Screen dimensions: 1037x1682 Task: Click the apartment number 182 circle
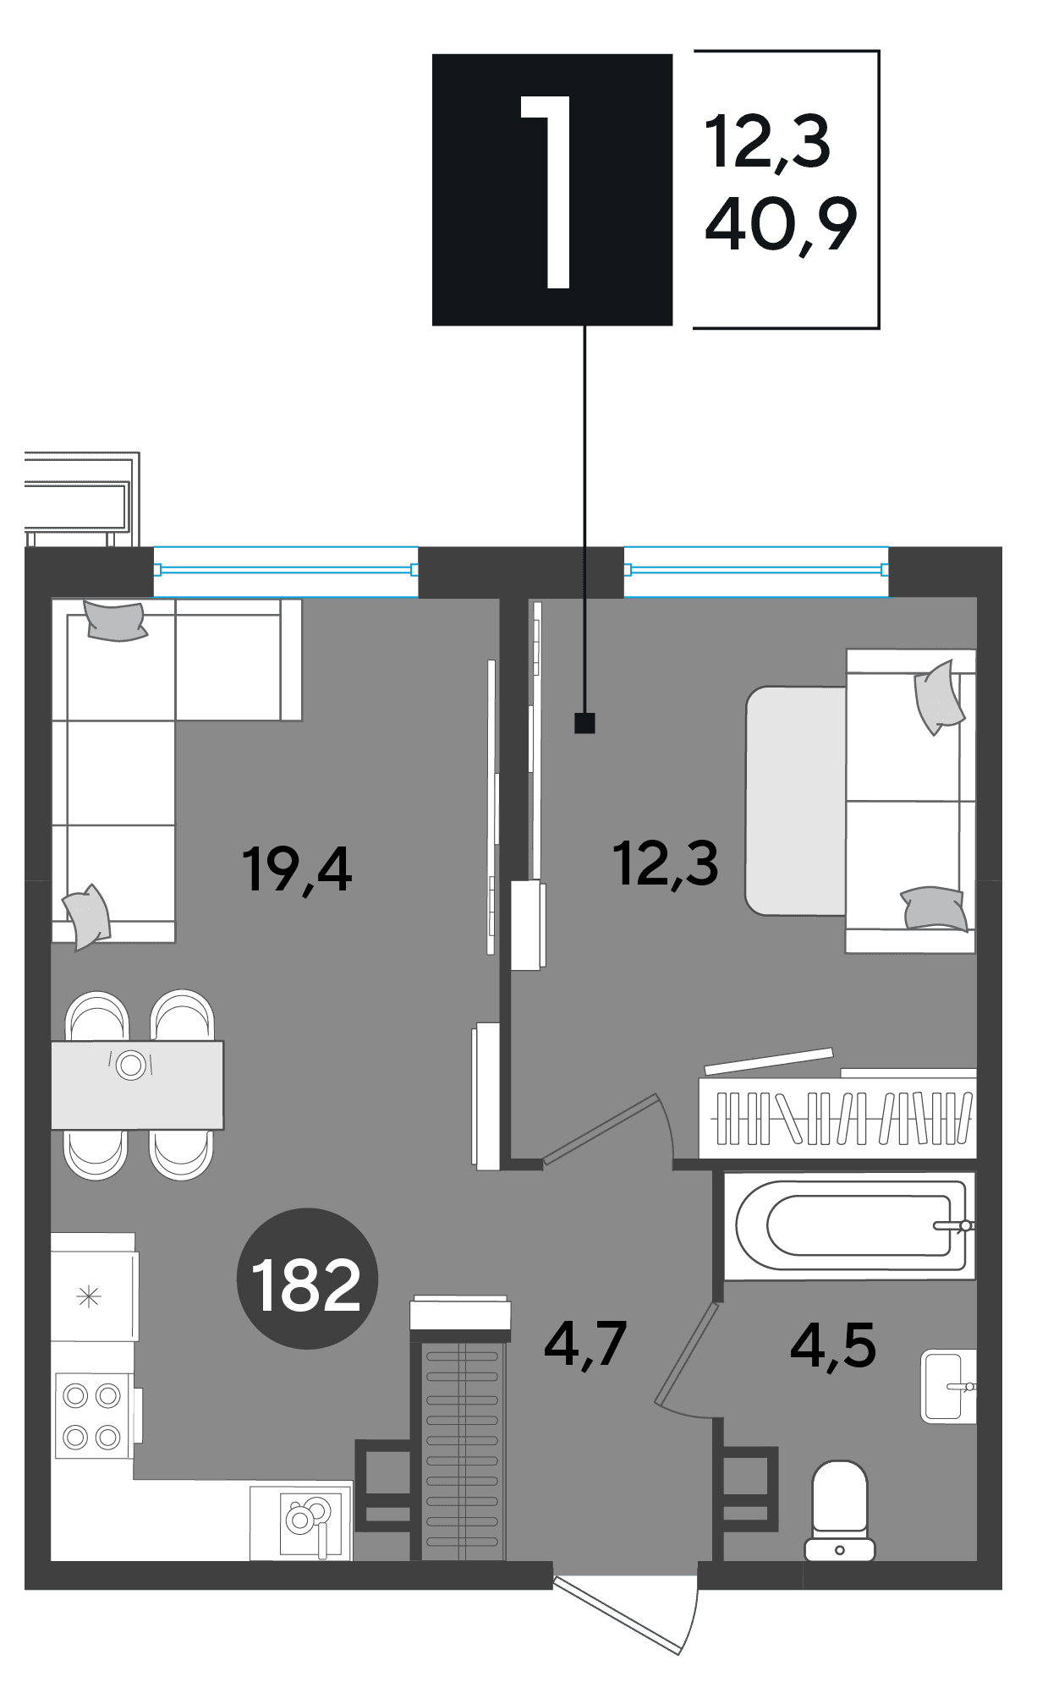pyautogui.click(x=307, y=1278)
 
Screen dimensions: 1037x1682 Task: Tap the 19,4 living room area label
pyautogui.click(x=296, y=868)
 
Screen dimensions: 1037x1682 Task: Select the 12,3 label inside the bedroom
pyautogui.click(x=666, y=863)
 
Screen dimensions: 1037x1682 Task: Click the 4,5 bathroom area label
pyautogui.click(x=833, y=1345)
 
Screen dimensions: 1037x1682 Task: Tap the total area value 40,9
pyautogui.click(x=781, y=224)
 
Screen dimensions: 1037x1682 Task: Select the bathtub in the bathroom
pyautogui.click(x=850, y=1225)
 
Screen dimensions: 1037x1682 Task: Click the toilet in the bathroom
pyautogui.click(x=840, y=1510)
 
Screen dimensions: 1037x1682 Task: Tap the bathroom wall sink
pyautogui.click(x=948, y=1386)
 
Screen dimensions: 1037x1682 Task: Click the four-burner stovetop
pyautogui.click(x=93, y=1416)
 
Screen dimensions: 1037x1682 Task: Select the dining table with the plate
pyautogui.click(x=137, y=1085)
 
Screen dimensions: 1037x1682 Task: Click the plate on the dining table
pyautogui.click(x=131, y=1065)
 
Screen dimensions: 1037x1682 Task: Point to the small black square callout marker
pyautogui.click(x=584, y=723)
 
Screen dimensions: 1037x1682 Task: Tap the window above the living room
pyautogui.click(x=286, y=571)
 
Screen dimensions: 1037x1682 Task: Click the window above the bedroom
pyautogui.click(x=756, y=571)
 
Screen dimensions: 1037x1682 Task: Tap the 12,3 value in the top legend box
pyautogui.click(x=768, y=141)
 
